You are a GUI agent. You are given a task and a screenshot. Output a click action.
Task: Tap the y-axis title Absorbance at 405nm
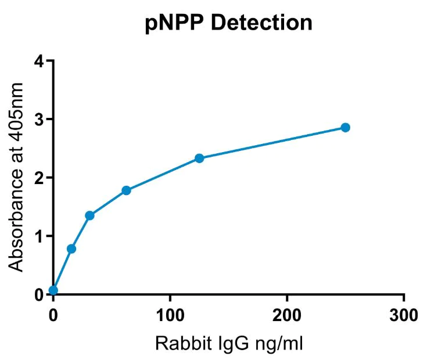[17, 177]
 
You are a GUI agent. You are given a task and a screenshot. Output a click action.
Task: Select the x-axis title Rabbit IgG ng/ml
[228, 344]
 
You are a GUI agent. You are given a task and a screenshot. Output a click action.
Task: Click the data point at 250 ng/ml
[345, 127]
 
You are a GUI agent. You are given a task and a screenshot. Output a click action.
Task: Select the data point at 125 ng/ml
[199, 158]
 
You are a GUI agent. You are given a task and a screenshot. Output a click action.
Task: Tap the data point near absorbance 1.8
[126, 190]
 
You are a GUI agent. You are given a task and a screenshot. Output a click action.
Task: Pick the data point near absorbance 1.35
[89, 215]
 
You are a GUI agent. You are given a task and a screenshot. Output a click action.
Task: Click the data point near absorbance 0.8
[71, 249]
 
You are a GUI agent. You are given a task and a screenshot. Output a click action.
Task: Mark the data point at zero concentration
[53, 290]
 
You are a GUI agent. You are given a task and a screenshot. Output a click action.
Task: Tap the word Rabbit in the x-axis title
[177, 344]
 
